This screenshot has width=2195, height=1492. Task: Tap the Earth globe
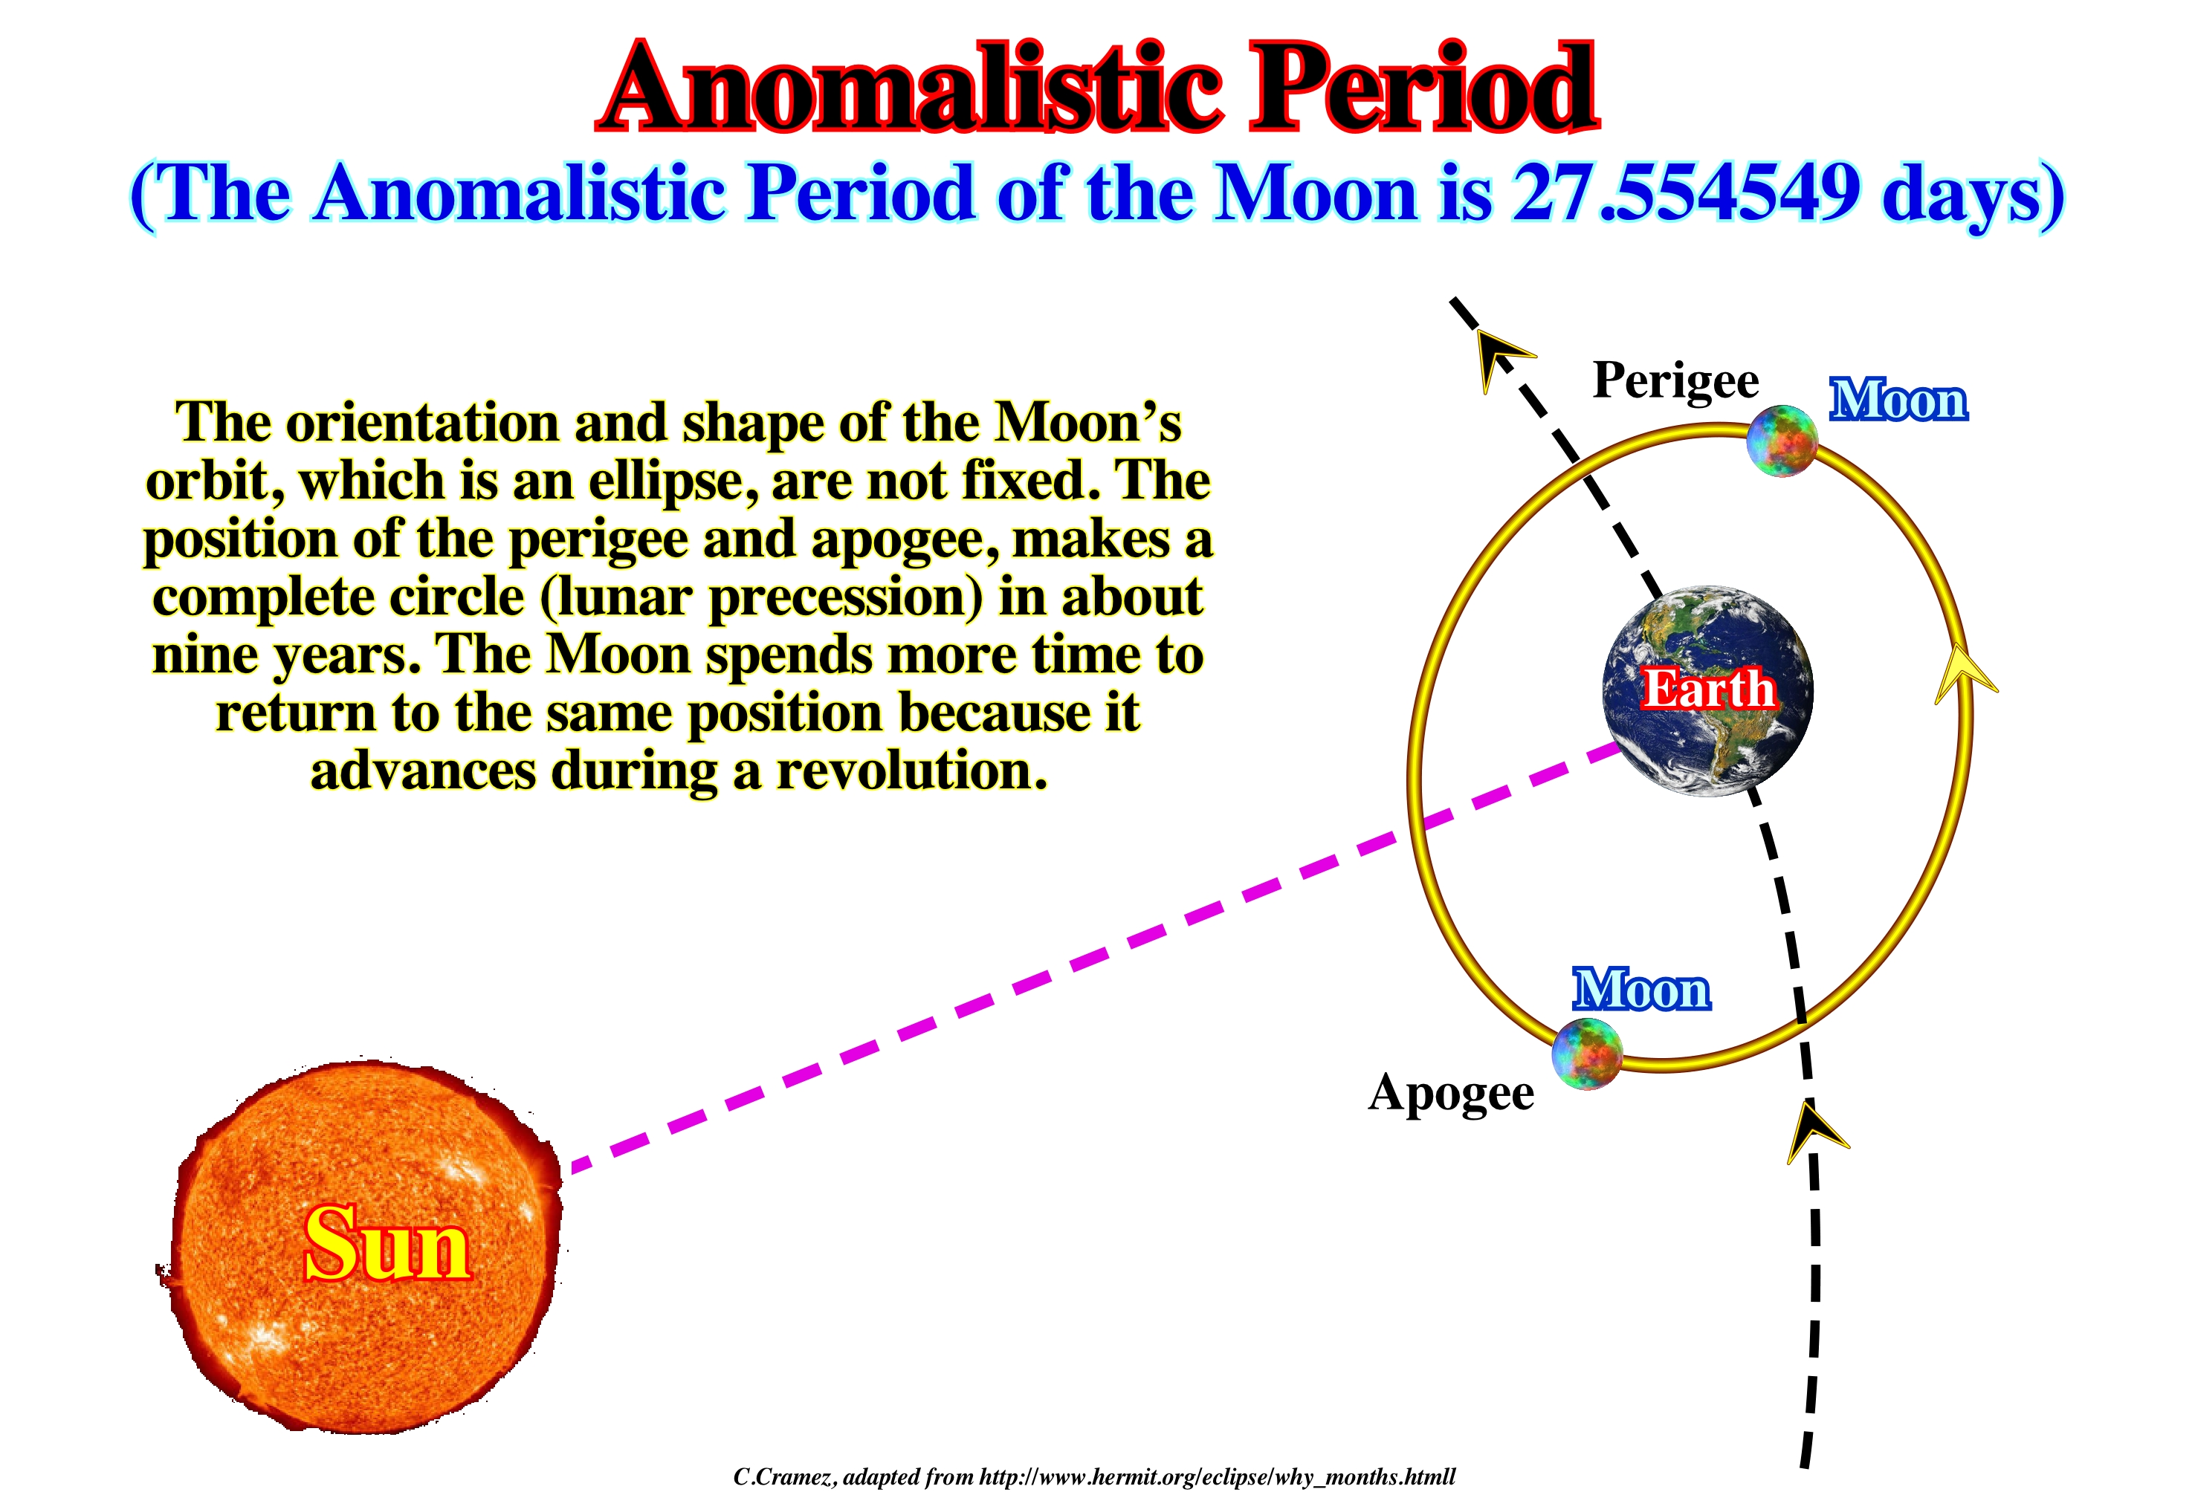(x=1707, y=690)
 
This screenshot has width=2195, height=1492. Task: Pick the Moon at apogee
(x=1588, y=1054)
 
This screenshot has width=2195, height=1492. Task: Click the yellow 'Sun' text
(x=387, y=1244)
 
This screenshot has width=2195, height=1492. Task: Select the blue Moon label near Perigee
(x=1898, y=400)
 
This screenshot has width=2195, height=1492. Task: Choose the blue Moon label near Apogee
(x=1641, y=990)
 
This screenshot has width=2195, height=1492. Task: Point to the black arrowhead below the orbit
(x=1815, y=1133)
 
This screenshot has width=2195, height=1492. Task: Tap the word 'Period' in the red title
(x=1424, y=88)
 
